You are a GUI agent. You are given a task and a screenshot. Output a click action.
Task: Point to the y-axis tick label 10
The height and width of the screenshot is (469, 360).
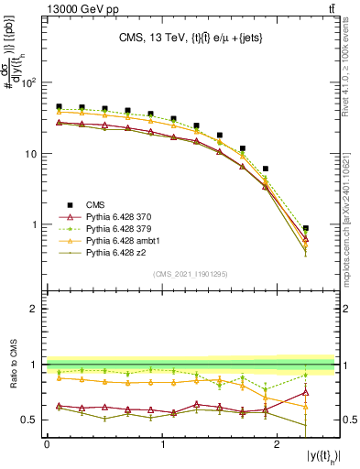pos(33,154)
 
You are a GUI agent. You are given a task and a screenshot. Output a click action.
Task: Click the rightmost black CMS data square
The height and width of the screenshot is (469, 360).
pos(305,228)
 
